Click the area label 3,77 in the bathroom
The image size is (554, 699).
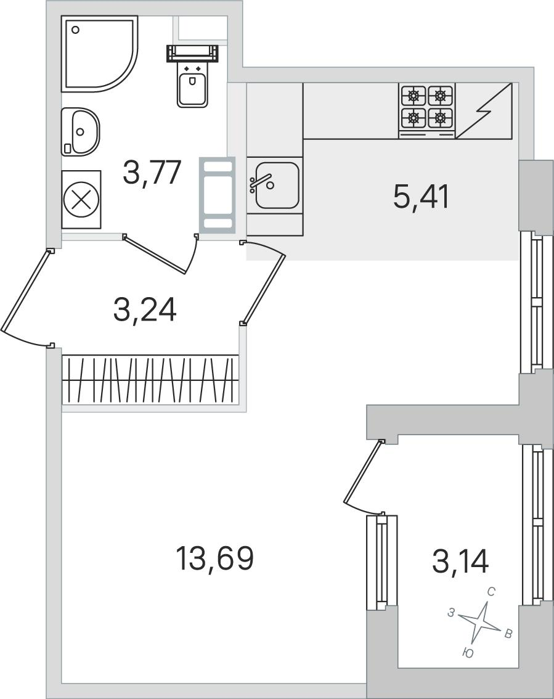pos(152,173)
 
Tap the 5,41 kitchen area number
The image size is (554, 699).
pos(421,197)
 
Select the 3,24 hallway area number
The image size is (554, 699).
pos(145,311)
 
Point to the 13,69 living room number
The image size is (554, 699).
pos(215,558)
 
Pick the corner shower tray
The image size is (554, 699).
pos(99,54)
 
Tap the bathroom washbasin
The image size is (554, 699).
pos(81,131)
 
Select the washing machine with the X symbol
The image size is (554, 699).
pos(81,200)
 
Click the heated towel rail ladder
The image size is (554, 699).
pos(217,195)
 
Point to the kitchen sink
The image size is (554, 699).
pos(275,185)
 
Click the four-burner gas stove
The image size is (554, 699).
pos(427,110)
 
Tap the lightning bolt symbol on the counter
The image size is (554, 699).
pos(484,111)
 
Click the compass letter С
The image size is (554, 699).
pos(491,592)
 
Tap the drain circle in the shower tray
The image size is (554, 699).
pos(75,30)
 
